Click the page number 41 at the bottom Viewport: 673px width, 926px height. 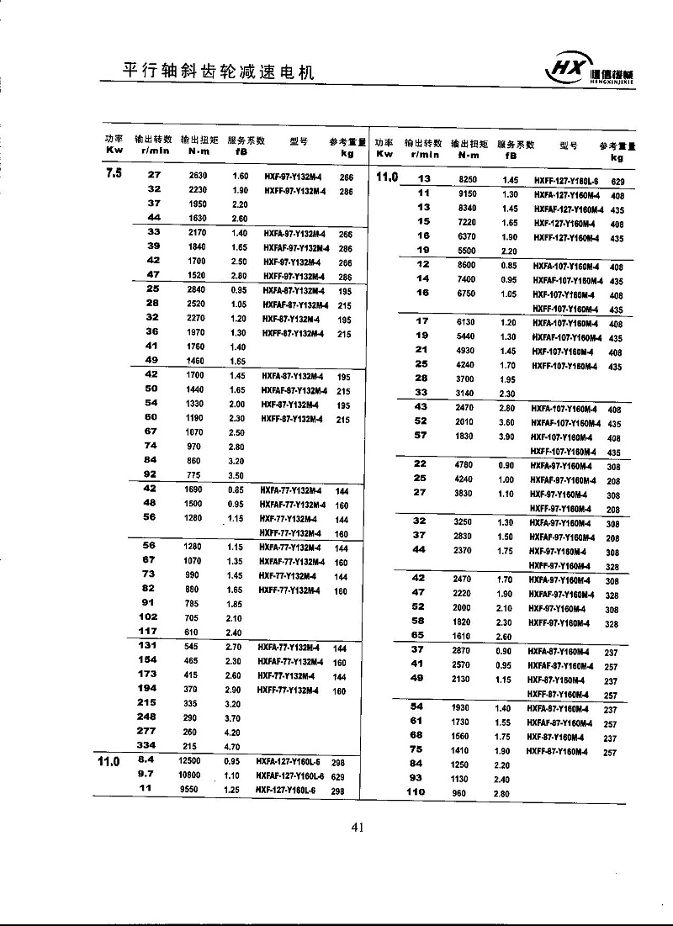(x=357, y=828)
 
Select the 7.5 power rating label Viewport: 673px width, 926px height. (x=114, y=175)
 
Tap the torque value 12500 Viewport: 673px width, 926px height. (x=197, y=761)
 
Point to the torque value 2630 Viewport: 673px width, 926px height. (x=198, y=176)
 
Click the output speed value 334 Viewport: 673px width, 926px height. (x=147, y=745)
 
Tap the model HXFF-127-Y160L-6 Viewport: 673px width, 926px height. (x=567, y=181)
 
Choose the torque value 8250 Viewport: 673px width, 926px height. (x=467, y=180)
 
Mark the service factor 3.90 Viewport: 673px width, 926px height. (x=507, y=437)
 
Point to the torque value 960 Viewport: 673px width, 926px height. (x=461, y=793)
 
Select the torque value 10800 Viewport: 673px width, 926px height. (x=197, y=775)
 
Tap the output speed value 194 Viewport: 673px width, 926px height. (x=147, y=689)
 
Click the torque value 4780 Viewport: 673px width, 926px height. (x=464, y=464)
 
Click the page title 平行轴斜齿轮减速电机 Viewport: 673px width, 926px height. (x=218, y=71)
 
